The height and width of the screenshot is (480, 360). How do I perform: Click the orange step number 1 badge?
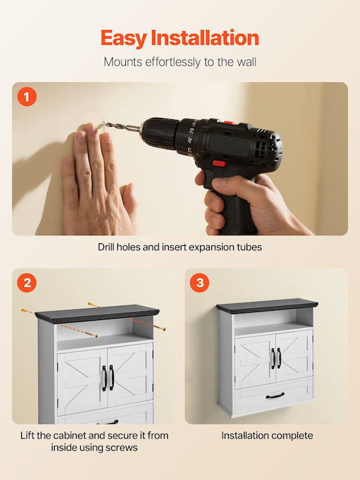27,97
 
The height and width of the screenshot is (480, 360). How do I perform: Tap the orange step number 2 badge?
27,283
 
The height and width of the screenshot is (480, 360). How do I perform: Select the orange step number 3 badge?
199,283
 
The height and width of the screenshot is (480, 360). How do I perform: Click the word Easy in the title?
124,39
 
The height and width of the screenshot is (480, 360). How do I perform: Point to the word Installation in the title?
205,37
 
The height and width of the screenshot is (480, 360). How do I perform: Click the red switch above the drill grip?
219,163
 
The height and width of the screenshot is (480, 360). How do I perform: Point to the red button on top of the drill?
229,123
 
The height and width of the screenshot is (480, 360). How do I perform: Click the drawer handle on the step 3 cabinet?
275,396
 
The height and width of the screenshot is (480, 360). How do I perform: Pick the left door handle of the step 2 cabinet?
104,378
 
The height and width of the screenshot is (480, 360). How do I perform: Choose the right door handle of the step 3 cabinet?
279,358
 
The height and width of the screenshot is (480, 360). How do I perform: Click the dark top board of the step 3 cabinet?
267,306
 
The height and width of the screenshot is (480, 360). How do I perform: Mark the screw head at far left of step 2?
23,311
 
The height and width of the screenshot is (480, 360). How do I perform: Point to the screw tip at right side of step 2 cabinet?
165,330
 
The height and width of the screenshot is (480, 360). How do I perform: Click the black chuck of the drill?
160,133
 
